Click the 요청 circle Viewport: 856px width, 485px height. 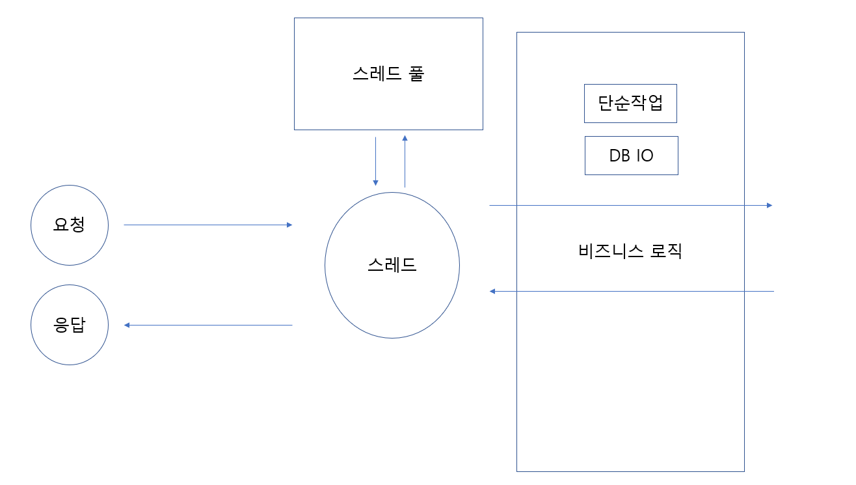point(70,225)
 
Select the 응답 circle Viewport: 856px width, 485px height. point(70,325)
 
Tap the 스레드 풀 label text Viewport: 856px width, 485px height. point(388,74)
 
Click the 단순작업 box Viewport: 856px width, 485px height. point(630,104)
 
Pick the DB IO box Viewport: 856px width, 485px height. point(631,156)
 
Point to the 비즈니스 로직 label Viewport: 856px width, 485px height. point(630,251)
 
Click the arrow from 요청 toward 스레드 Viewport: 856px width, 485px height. point(208,225)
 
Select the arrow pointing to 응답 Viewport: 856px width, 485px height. point(208,325)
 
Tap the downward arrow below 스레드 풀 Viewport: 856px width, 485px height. point(375,161)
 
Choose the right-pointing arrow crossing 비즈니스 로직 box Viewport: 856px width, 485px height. point(630,205)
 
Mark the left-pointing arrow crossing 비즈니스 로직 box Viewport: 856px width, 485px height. point(631,291)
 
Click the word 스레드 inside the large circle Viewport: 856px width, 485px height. point(392,265)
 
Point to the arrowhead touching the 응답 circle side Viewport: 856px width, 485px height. point(127,325)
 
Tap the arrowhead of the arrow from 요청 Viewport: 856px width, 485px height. point(289,225)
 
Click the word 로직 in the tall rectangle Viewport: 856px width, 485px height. point(666,251)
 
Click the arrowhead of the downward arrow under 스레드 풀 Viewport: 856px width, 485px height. point(375,183)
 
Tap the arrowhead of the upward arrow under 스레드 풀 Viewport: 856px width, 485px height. point(405,138)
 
